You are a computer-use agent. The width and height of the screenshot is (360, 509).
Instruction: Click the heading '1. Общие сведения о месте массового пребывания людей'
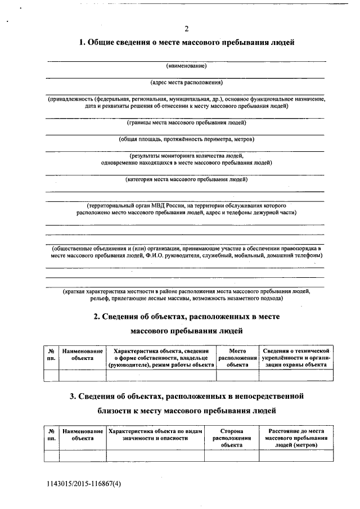tap(186, 43)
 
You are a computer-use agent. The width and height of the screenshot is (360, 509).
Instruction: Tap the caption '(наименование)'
tap(186, 66)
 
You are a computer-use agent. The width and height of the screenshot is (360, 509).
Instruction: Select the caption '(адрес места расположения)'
tap(186, 82)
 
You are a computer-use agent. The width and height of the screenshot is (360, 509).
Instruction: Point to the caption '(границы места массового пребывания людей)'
tap(186, 123)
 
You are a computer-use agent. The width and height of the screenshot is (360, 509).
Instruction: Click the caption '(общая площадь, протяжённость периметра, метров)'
tap(186, 139)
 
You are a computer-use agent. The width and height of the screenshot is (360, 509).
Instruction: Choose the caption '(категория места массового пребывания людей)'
tap(186, 180)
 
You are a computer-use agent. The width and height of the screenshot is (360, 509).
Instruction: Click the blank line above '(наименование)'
tap(186, 60)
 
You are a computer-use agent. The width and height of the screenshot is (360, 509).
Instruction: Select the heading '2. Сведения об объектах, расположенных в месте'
tap(186, 317)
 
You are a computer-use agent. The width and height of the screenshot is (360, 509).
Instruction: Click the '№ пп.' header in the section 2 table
tap(51, 354)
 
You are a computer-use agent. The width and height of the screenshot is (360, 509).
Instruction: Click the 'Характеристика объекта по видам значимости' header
tap(155, 434)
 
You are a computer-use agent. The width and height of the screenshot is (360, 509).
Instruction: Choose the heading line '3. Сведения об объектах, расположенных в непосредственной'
tap(186, 396)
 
